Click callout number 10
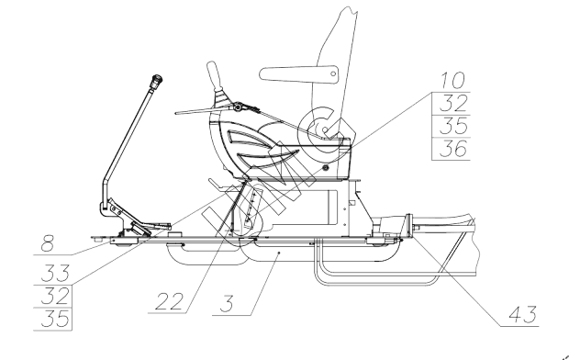click(452, 80)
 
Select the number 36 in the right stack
click(452, 149)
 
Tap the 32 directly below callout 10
click(452, 104)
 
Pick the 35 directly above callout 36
click(452, 126)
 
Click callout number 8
click(48, 243)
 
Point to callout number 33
click(55, 273)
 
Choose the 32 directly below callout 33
click(55, 296)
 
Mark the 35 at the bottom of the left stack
click(55, 319)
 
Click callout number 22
click(169, 301)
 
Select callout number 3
click(227, 304)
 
